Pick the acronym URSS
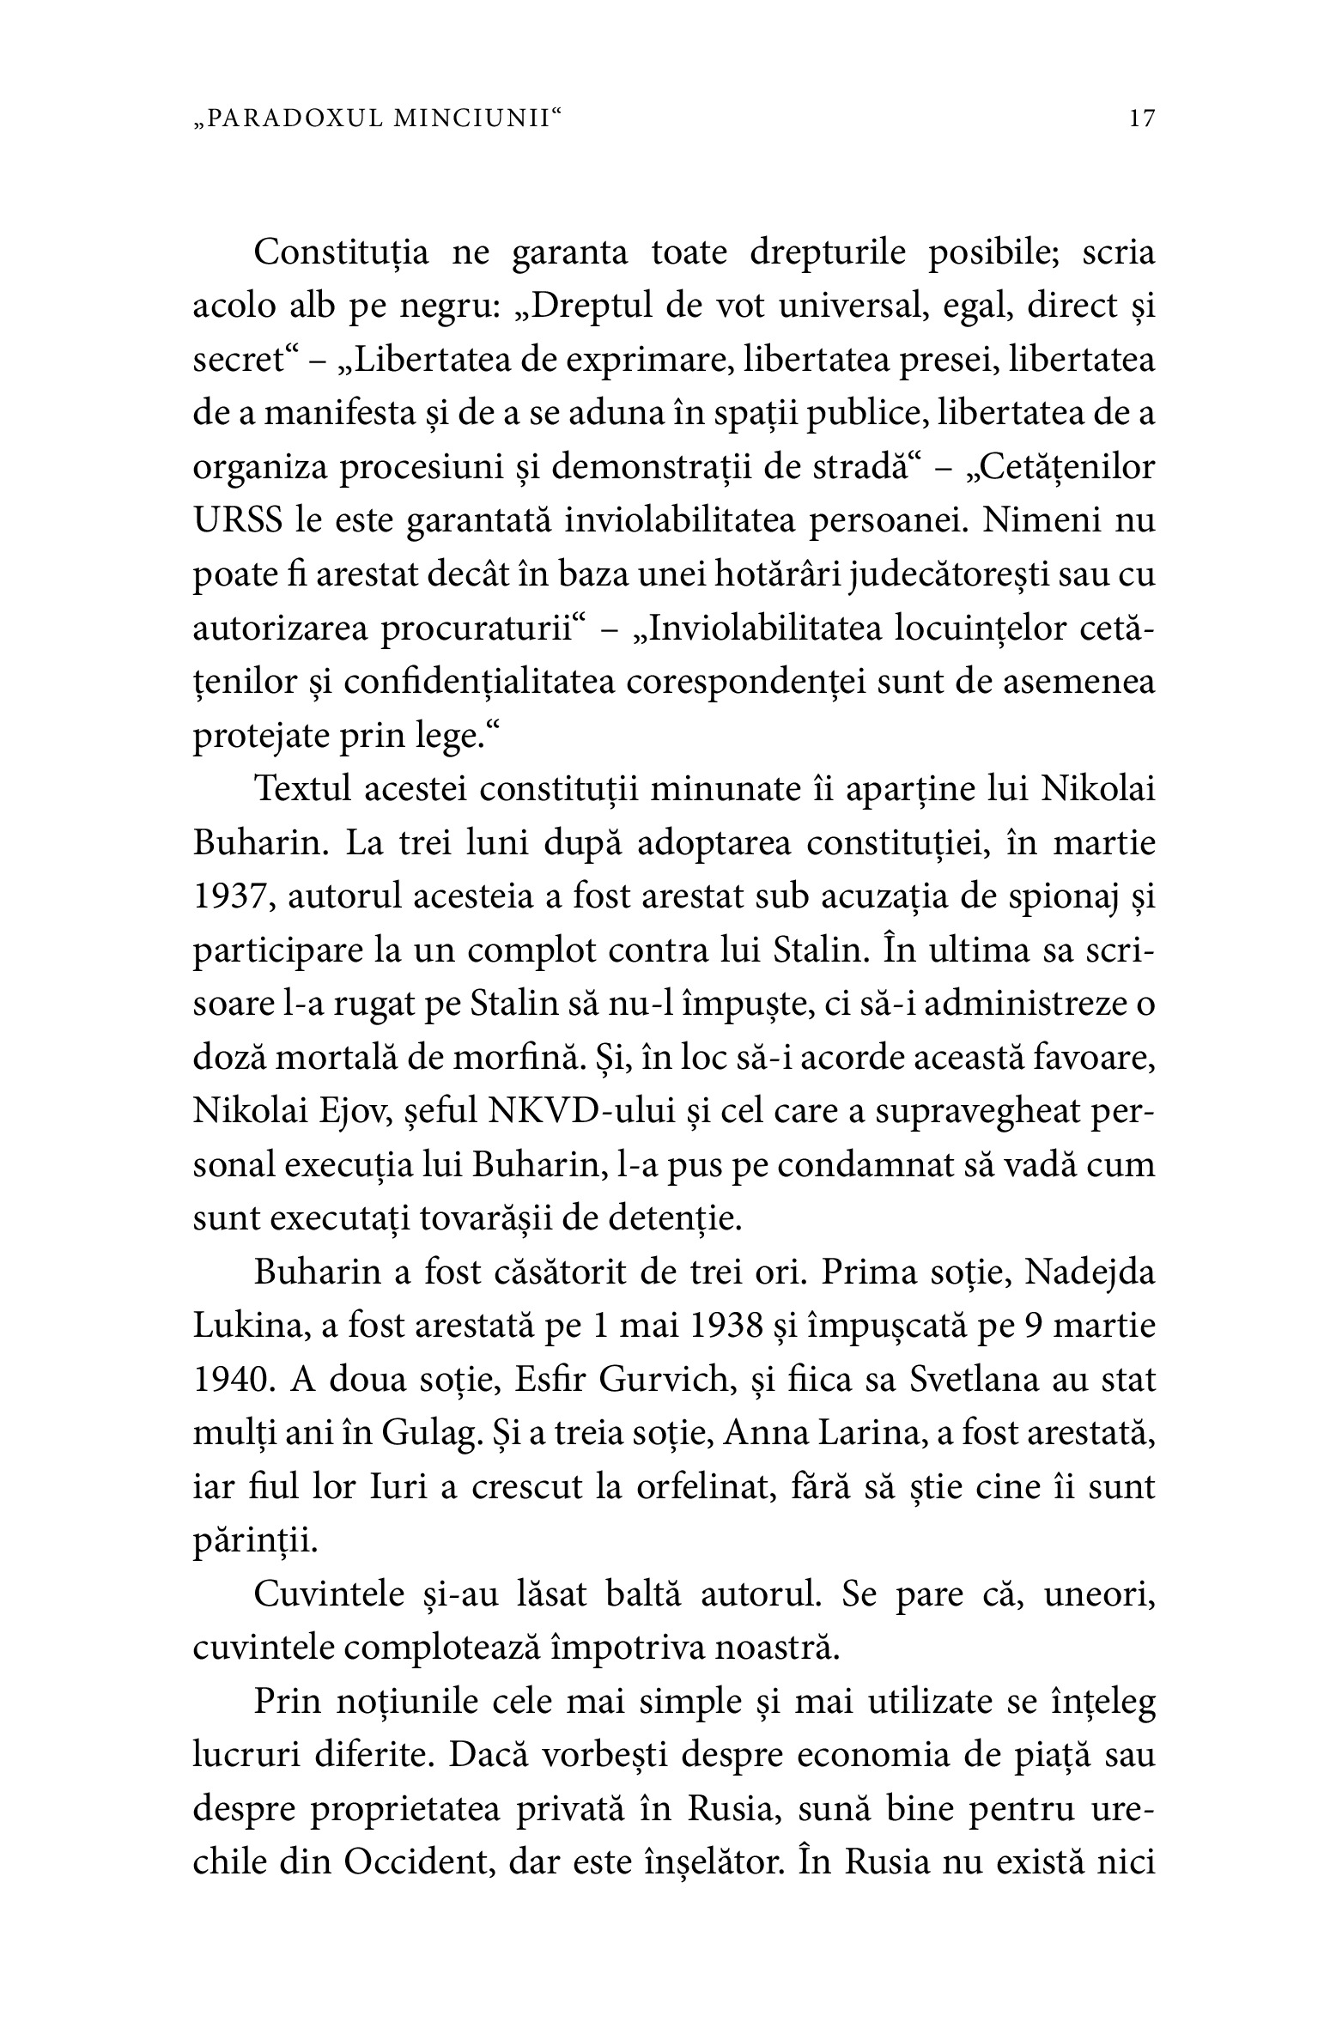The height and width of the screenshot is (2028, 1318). (x=238, y=521)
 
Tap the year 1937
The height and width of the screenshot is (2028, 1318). (x=225, y=897)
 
